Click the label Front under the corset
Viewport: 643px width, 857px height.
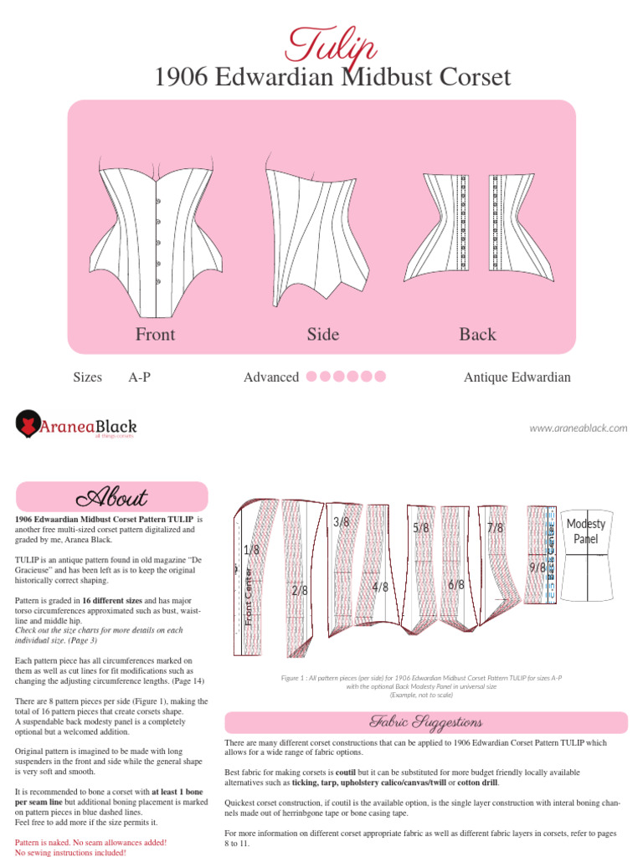pos(156,335)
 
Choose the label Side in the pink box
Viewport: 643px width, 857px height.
pos(322,335)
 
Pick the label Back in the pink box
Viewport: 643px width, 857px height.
pos(477,335)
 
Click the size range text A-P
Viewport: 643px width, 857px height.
pos(140,377)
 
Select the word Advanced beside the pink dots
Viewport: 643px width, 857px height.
pos(271,377)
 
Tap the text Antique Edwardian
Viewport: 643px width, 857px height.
pos(517,377)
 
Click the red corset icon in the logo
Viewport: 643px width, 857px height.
pos(30,424)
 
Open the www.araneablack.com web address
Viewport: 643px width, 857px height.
pos(578,428)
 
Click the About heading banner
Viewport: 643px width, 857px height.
pos(112,497)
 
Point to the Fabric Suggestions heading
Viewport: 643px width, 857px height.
pos(426,722)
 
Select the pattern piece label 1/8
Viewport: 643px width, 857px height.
pos(251,550)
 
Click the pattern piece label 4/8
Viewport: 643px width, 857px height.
pos(380,588)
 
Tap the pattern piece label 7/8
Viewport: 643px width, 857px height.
pos(495,528)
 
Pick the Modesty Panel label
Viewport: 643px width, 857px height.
pos(586,531)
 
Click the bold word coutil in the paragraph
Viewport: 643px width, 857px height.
pos(346,772)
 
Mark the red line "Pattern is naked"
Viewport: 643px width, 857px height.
pos(90,842)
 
